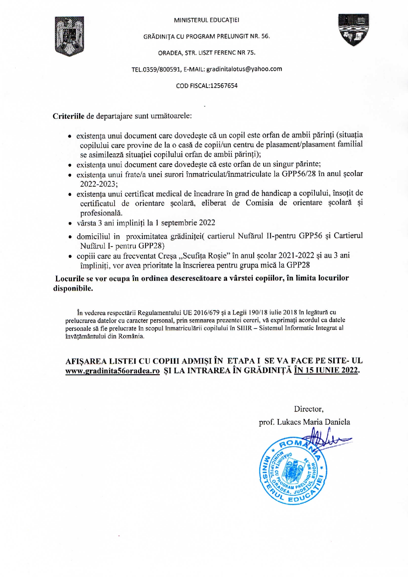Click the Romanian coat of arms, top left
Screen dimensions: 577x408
[x=69, y=37]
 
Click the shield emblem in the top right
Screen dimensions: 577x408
[x=354, y=30]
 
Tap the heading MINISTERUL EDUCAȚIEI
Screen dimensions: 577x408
[x=207, y=20]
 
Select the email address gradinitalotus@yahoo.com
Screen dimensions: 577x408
[x=244, y=69]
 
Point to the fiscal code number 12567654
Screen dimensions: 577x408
[x=224, y=86]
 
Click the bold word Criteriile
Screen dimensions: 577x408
[x=68, y=116]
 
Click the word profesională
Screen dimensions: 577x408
[x=101, y=213]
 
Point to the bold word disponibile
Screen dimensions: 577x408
[x=73, y=288]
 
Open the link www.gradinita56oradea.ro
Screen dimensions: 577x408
[x=113, y=371]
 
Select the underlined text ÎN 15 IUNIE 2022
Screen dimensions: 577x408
[x=326, y=370]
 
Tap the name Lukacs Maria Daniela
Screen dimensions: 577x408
[x=313, y=422]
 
